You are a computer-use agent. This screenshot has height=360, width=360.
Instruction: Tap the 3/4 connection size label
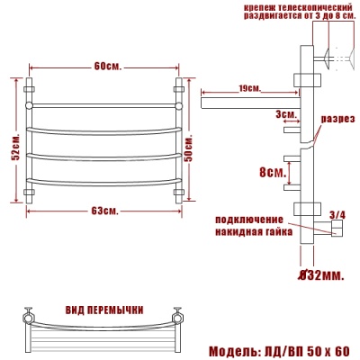(x=337, y=214)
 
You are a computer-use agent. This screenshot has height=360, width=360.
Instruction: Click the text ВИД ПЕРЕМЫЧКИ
(x=104, y=310)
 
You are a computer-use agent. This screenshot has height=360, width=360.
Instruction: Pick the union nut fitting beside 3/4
(x=335, y=232)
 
